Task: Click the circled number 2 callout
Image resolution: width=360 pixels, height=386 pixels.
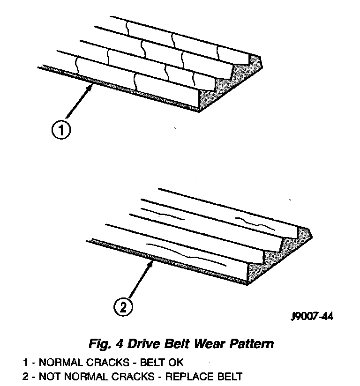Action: (122, 307)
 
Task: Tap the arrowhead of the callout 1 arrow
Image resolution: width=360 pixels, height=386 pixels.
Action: (90, 85)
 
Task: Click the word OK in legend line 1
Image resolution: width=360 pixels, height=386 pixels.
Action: (178, 362)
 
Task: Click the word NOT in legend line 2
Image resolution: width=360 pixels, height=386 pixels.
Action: (48, 376)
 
